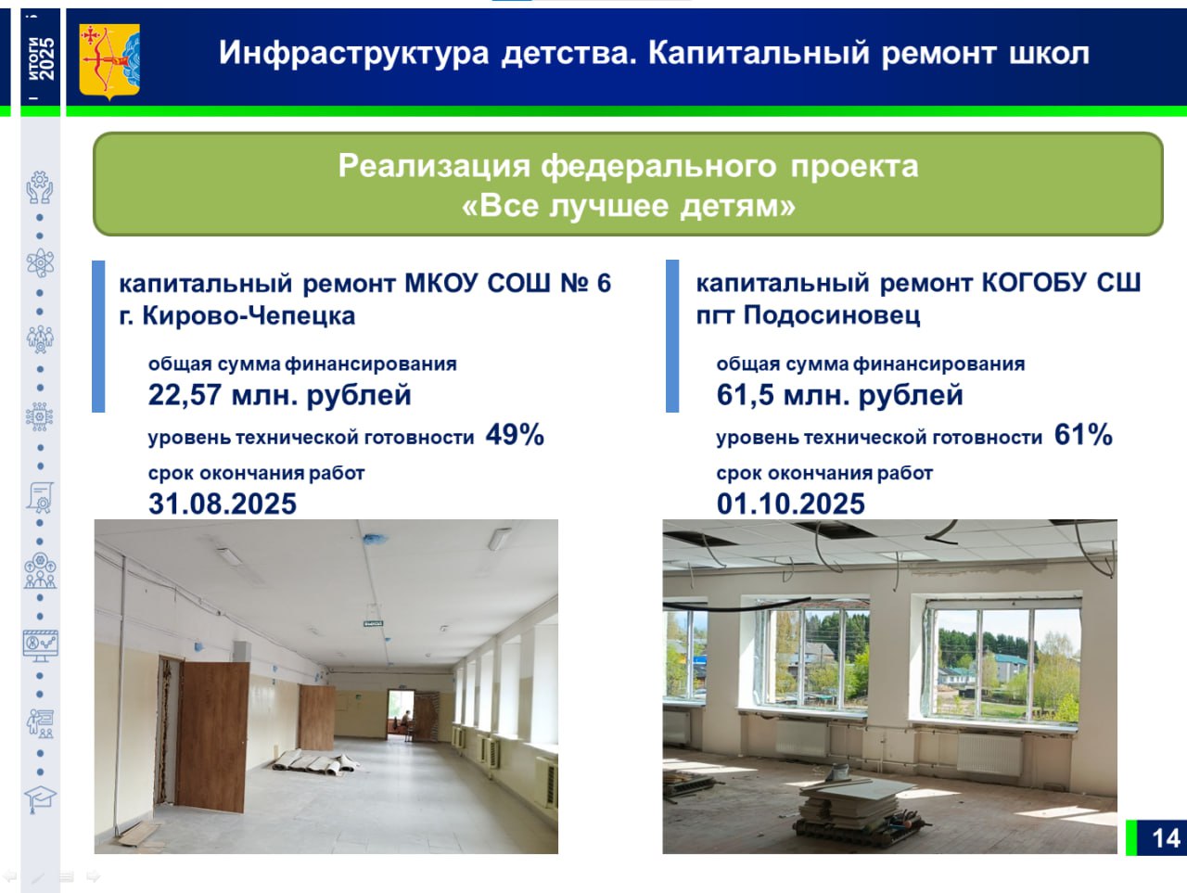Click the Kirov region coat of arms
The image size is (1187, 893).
tap(109, 61)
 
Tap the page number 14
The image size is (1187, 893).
tap(1166, 838)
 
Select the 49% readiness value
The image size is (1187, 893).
tap(515, 435)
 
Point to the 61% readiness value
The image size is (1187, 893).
tap(1083, 435)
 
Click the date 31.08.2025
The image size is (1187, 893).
tap(223, 504)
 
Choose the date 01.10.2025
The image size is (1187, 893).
tap(791, 504)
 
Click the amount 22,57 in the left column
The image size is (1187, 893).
tap(185, 395)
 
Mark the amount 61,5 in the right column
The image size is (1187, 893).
tap(746, 395)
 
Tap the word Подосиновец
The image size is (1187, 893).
tap(832, 314)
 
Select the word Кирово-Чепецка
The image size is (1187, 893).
tap(249, 315)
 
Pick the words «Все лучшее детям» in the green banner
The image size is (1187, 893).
tap(629, 206)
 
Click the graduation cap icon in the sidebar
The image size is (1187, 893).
tap(40, 799)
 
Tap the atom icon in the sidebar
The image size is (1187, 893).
tap(40, 263)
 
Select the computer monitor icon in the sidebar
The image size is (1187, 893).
tap(40, 645)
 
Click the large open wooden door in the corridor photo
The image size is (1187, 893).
tap(213, 736)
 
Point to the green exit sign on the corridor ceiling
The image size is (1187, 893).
tap(373, 624)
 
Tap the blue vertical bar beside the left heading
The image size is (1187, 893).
tap(98, 337)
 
